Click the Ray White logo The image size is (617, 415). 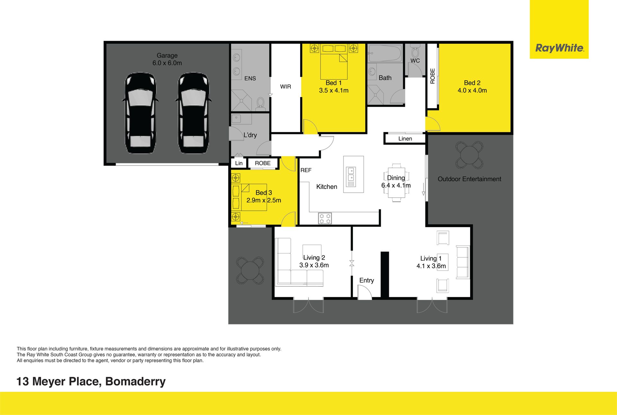559,48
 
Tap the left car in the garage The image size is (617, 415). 140,113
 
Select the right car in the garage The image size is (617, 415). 193,113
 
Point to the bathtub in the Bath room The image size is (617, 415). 385,53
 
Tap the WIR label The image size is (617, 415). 285,87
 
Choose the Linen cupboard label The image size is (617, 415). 405,139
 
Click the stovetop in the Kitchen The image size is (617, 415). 325,218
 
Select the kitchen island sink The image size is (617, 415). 351,177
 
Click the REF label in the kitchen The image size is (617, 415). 306,170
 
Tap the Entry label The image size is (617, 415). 367,280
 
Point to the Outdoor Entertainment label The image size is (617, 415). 469,179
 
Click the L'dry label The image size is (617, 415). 250,135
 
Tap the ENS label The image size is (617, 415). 250,78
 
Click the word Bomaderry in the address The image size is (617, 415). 135,382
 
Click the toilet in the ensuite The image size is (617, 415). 260,103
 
